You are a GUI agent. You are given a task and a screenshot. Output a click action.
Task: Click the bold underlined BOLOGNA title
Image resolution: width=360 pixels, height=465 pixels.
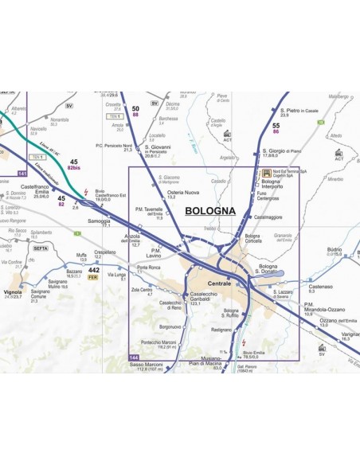(209, 211)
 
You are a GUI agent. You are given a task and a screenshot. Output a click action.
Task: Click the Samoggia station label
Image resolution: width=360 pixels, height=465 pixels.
(100, 222)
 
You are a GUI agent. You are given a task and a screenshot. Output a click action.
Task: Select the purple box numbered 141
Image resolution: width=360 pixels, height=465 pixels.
(22, 172)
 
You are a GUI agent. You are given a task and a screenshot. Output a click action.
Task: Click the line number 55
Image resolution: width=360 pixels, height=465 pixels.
(276, 126)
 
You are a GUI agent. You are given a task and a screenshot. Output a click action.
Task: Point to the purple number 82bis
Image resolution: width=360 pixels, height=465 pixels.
(74, 169)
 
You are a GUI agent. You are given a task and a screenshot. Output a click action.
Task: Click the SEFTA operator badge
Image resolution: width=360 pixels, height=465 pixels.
(41, 248)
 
